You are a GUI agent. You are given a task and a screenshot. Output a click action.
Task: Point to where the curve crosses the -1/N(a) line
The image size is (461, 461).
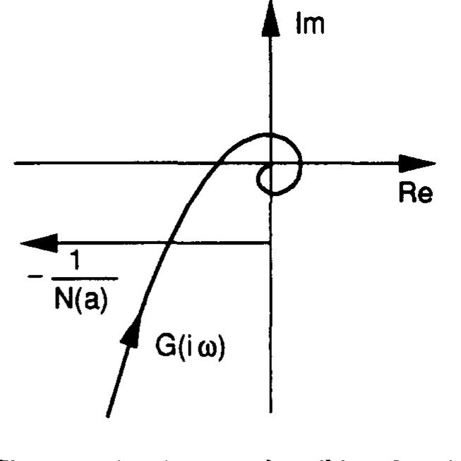tap(169, 244)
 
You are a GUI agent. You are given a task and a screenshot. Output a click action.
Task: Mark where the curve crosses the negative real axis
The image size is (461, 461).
tap(219, 164)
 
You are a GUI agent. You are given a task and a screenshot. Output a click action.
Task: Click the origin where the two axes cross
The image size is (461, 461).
tap(270, 164)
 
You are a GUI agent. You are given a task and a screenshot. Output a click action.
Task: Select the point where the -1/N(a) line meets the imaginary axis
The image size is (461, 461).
tap(270, 244)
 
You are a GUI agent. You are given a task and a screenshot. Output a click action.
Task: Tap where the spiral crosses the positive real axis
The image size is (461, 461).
tap(301, 164)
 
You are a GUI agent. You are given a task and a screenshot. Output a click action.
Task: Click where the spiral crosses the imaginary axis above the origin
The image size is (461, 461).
tap(270, 134)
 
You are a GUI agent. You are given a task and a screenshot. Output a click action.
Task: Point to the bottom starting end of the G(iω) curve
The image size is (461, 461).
tap(107, 415)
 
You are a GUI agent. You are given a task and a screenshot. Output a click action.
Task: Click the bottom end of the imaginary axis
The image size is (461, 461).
tap(270, 411)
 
